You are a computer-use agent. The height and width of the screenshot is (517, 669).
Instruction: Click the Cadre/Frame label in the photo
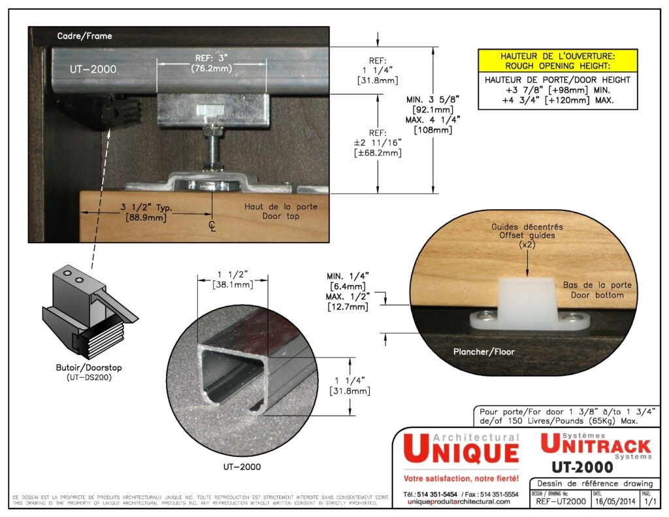pyautogui.click(x=85, y=36)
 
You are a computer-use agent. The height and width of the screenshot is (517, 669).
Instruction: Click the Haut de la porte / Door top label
pyautogui.click(x=281, y=211)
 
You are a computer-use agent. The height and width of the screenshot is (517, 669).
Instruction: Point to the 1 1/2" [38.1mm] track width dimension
pyautogui.click(x=233, y=279)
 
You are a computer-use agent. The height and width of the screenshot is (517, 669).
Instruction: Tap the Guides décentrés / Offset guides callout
pyautogui.click(x=527, y=235)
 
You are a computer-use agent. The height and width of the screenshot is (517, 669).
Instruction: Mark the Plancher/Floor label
pyautogui.click(x=484, y=352)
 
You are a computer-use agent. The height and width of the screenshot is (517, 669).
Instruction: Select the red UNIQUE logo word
pyautogui.click(x=461, y=452)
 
